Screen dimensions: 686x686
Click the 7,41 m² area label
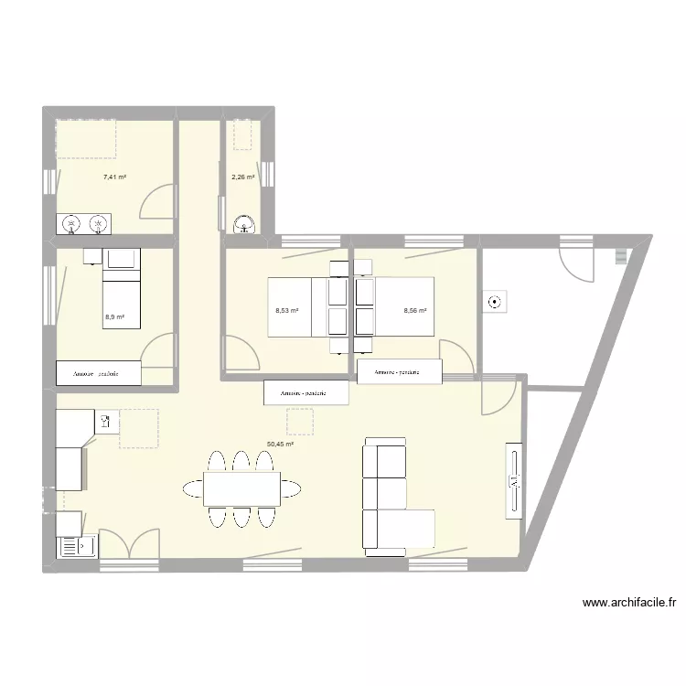click(114, 177)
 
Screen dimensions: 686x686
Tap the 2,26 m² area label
click(242, 177)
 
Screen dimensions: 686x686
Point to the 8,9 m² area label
click(114, 317)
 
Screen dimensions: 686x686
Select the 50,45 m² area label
click(280, 445)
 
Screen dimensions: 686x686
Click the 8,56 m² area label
click(415, 311)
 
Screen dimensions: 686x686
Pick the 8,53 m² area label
click(287, 311)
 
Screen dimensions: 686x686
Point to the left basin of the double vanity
click(71, 223)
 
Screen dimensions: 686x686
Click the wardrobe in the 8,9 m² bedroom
click(99, 373)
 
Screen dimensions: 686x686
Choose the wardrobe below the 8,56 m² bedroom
click(400, 372)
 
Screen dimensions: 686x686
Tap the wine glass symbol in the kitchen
click(106, 422)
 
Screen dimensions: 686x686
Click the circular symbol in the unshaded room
click(496, 302)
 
